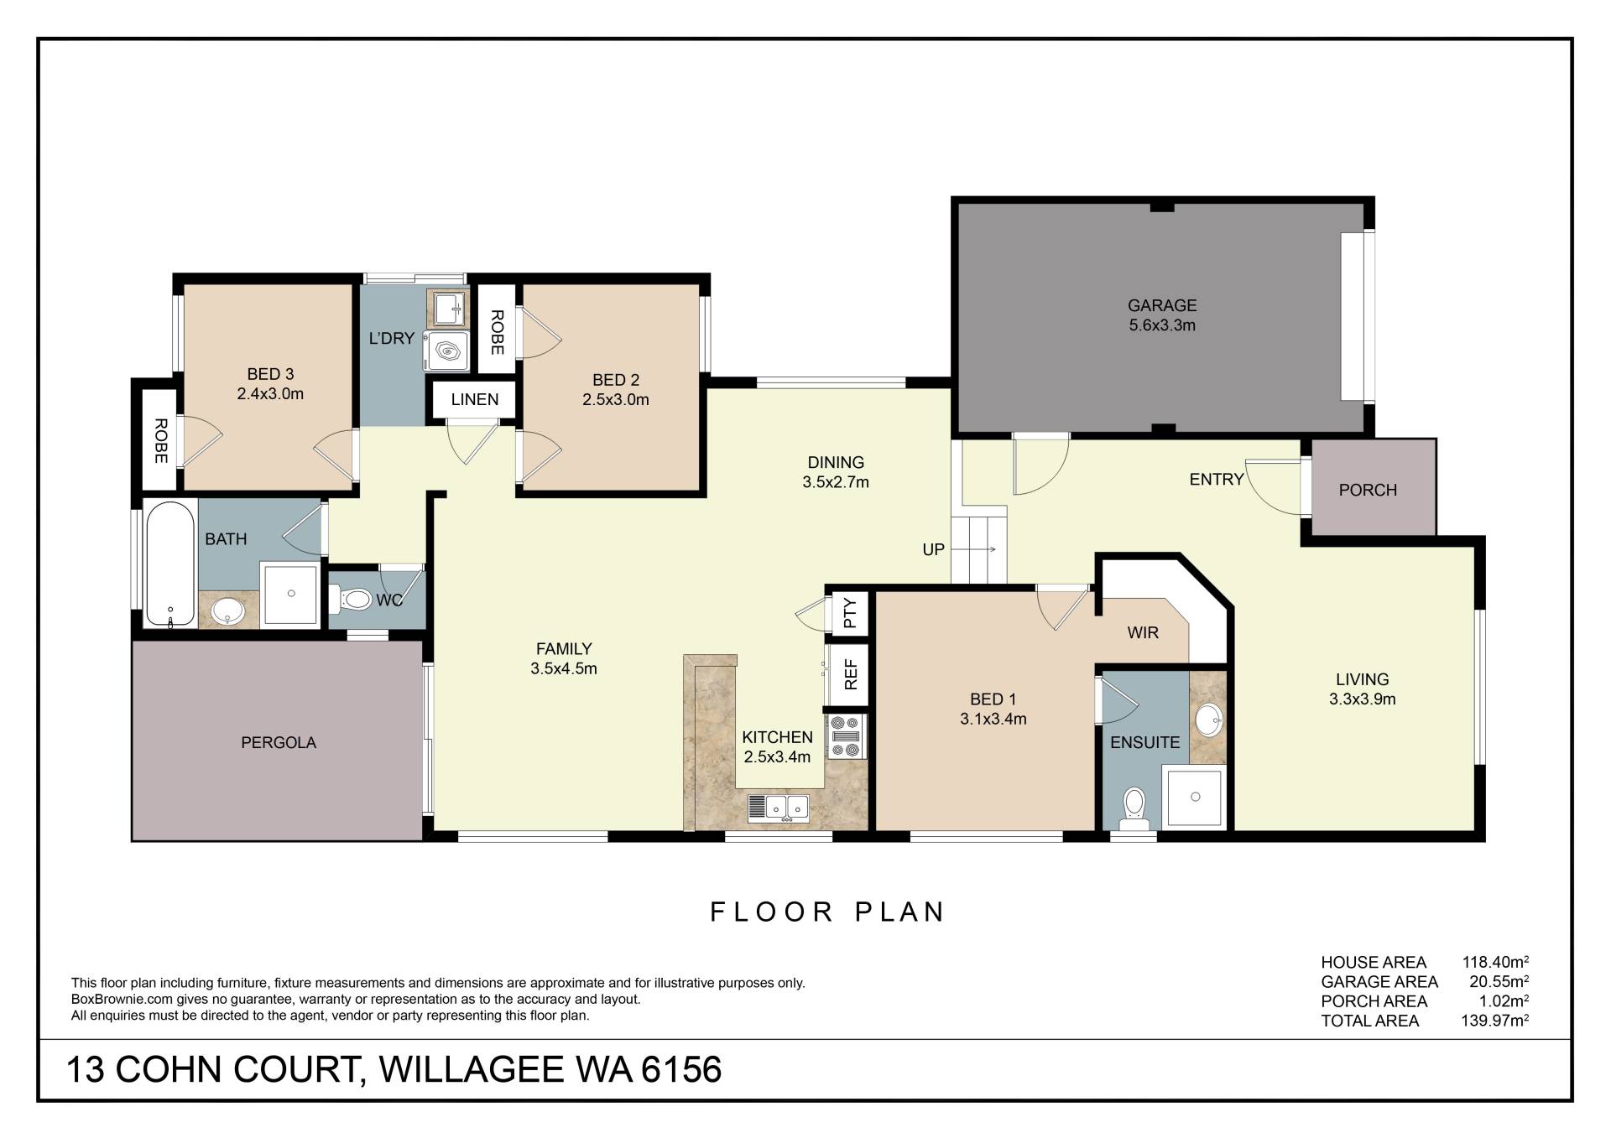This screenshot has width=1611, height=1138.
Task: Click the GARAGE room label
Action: pos(1162,305)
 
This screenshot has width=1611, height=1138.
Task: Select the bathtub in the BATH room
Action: pos(171,564)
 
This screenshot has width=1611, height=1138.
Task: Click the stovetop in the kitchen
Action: pos(846,736)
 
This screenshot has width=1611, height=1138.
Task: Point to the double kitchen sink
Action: pos(778,807)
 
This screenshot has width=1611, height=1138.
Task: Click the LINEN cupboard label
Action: pos(475,399)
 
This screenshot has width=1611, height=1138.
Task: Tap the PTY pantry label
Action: pos(850,612)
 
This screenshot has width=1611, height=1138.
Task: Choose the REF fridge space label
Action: pos(851,674)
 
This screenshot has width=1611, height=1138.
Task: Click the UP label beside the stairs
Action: pos(933,549)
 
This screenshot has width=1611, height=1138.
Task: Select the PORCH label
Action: pos(1368,490)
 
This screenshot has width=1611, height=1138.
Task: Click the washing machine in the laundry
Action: pos(446,350)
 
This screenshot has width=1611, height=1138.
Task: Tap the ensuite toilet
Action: pos(1134,808)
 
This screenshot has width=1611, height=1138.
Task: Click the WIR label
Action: pos(1143,632)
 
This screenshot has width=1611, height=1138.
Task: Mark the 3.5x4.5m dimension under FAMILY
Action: pos(564,668)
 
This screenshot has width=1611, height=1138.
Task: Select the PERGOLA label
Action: pos(279,742)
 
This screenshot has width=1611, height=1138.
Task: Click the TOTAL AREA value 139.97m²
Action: pos(1494,1021)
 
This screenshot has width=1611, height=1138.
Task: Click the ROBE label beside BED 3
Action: pos(160,440)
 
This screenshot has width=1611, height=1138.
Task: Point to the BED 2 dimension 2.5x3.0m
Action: pos(616,400)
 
